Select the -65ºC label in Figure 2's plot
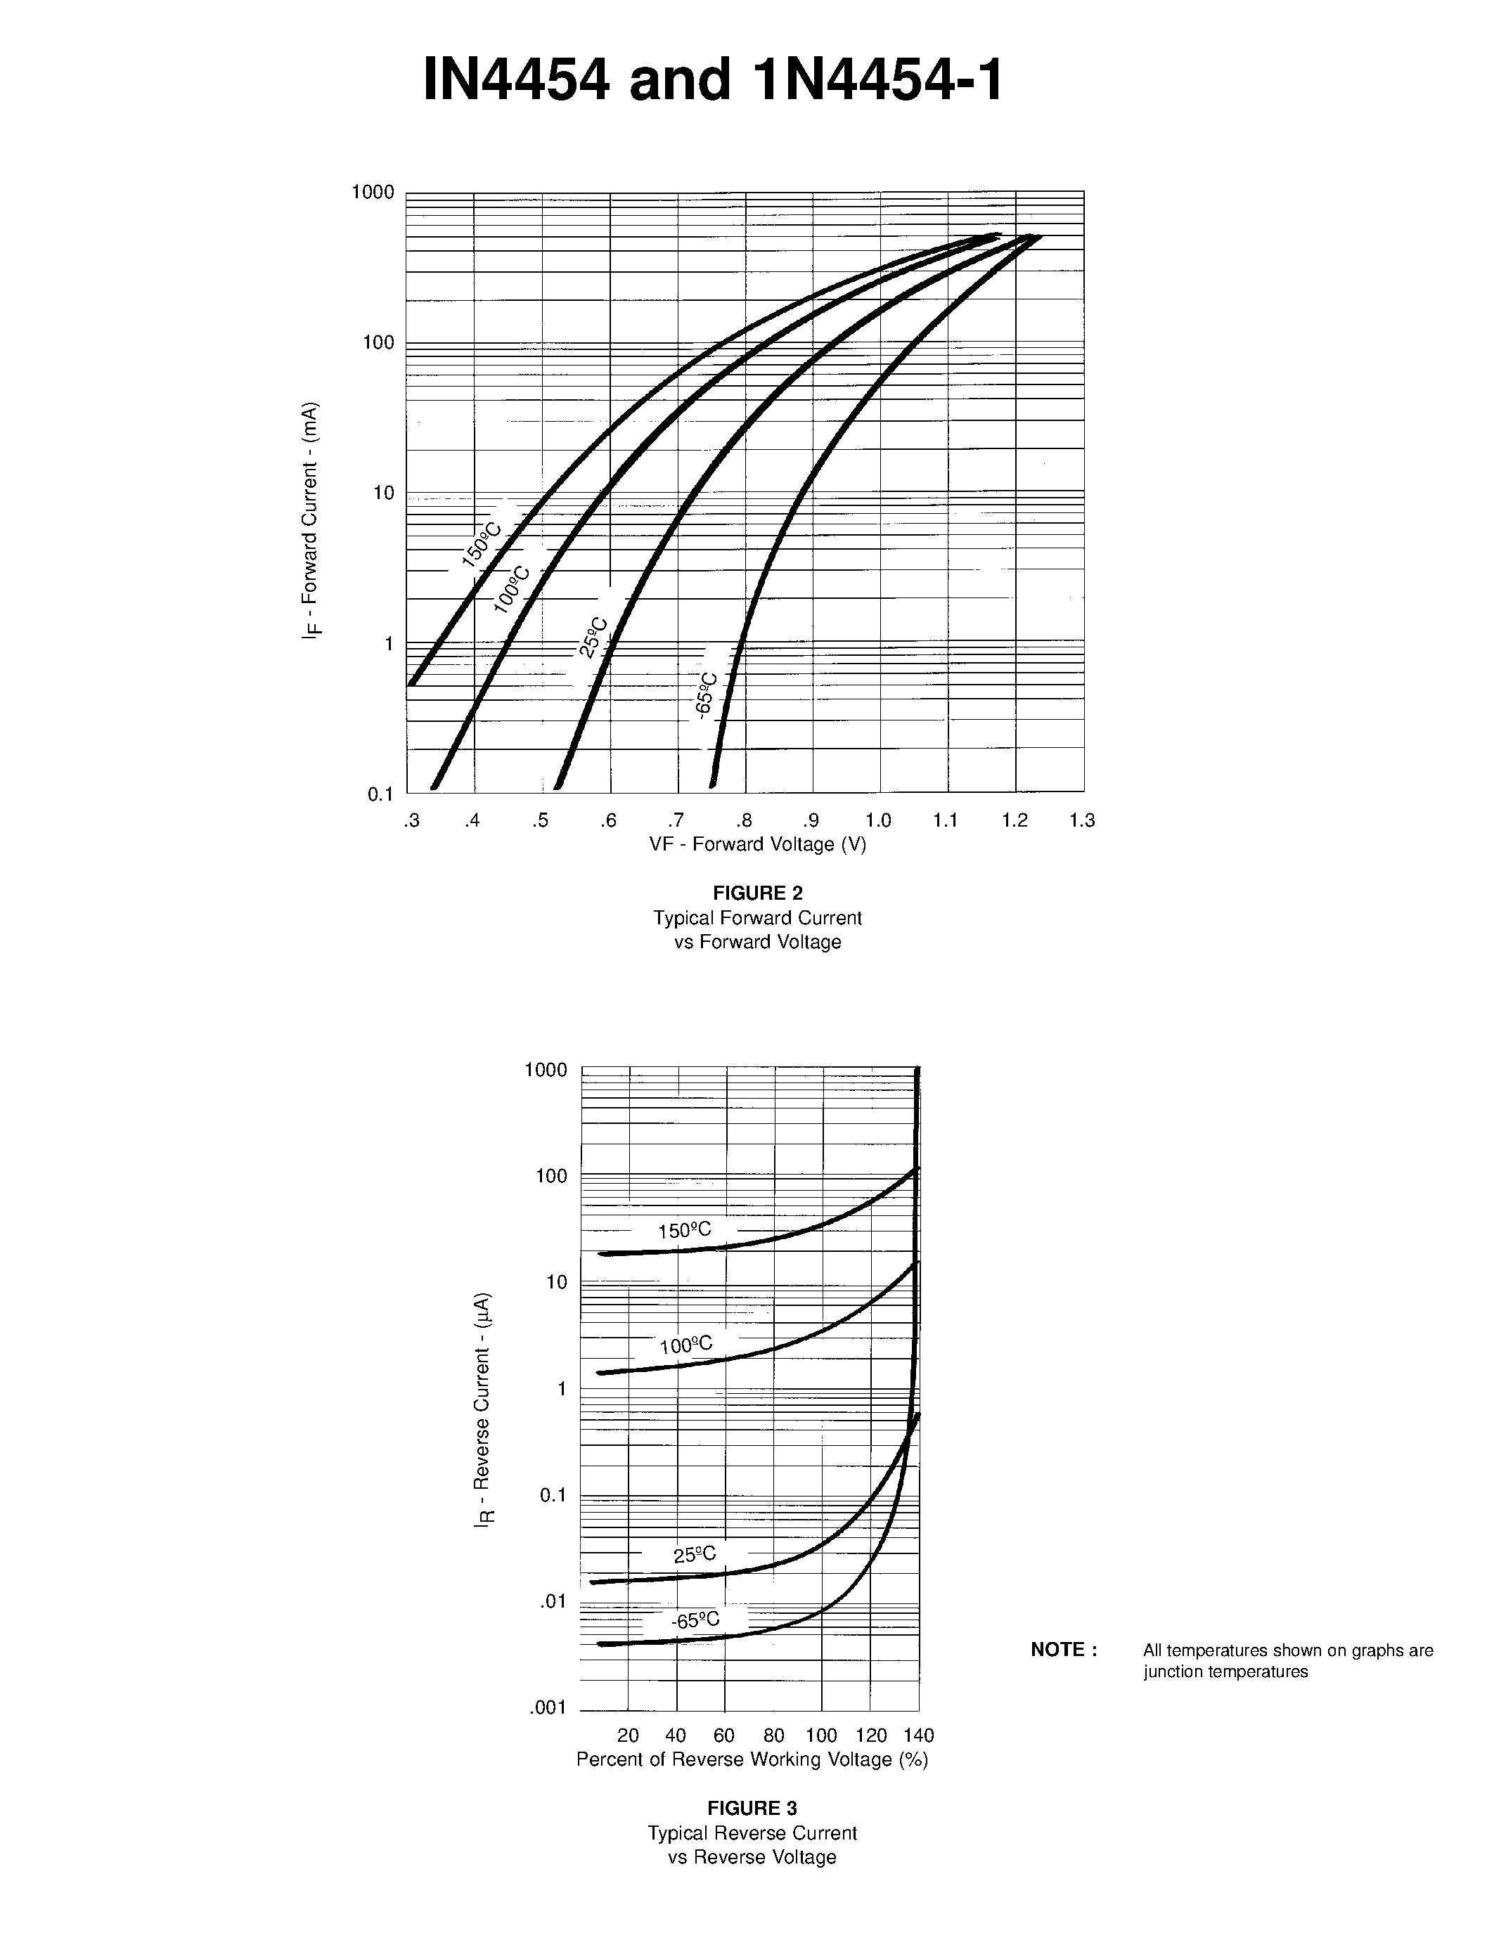click(707, 696)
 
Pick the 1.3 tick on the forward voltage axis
click(1081, 820)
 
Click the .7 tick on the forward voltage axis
click(676, 820)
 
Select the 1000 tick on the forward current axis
click(373, 192)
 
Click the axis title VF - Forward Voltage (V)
click(758, 844)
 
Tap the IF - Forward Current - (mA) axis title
click(311, 520)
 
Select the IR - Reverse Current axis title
click(483, 1411)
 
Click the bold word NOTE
click(1064, 1650)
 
